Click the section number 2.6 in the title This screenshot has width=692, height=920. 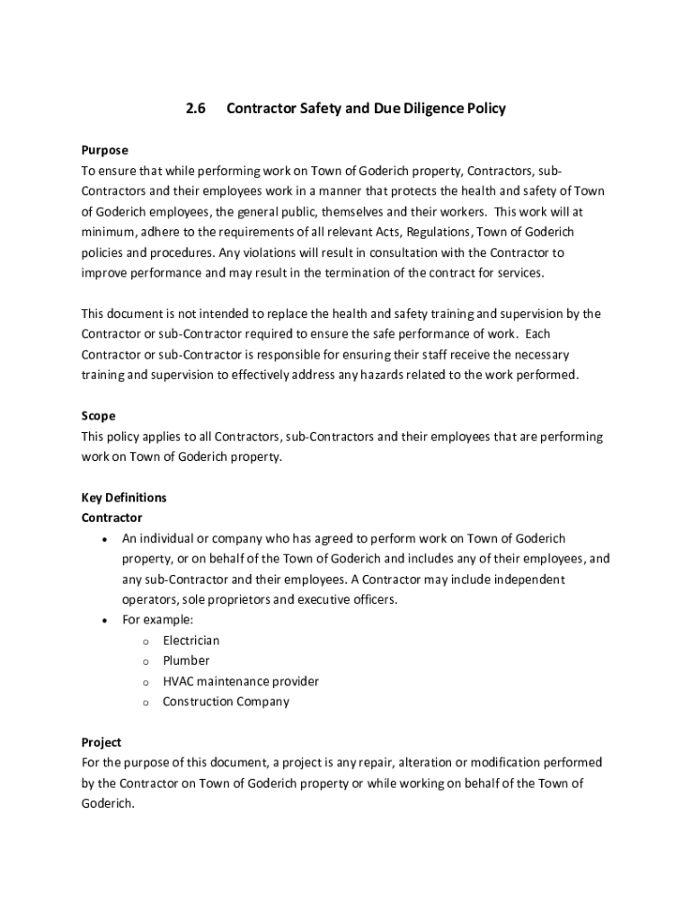[196, 109]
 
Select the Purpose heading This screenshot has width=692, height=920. [105, 150]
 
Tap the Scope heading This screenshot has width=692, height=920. [98, 416]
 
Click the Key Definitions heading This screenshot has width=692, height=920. [124, 498]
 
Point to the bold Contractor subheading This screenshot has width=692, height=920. [112, 517]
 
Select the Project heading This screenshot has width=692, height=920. [102, 742]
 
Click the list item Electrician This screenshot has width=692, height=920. [191, 641]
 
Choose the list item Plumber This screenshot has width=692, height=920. [186, 660]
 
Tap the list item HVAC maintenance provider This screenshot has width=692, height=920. [240, 681]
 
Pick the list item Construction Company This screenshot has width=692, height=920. [226, 702]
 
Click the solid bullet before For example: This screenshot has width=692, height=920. [106, 621]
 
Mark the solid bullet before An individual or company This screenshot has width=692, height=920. [106, 539]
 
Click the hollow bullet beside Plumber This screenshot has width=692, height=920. [145, 661]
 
